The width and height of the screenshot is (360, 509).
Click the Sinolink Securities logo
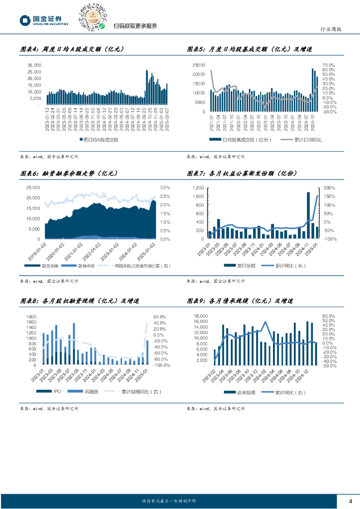(44, 20)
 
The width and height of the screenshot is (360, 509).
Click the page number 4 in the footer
(351, 501)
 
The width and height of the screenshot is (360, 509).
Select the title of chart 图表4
(72, 49)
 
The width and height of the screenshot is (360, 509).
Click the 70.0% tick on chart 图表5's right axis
(329, 65)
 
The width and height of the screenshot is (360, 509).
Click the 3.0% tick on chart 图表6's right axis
(165, 187)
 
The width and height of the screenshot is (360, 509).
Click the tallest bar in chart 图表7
(308, 215)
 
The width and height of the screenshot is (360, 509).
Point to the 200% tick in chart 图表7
(330, 188)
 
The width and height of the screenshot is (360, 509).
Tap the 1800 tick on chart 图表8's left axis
(32, 317)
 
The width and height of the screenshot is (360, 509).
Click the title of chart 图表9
(240, 301)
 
